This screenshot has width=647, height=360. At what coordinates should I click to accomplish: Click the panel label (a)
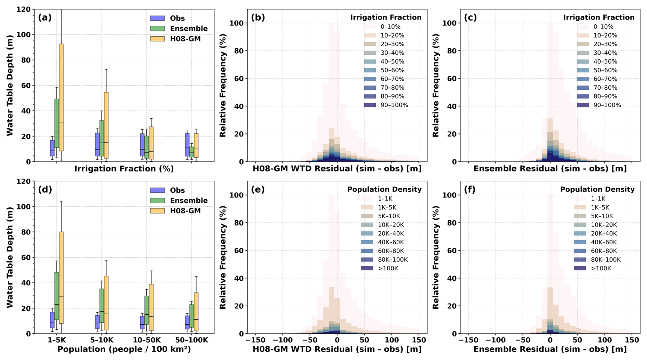45,17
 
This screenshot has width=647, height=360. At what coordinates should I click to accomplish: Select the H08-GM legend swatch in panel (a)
157,39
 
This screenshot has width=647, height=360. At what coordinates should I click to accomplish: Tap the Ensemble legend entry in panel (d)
188,201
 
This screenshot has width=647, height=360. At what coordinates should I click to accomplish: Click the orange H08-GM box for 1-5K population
61,277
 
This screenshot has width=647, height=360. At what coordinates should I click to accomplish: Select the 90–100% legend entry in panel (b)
394,105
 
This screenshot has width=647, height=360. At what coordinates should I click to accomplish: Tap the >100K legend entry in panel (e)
388,268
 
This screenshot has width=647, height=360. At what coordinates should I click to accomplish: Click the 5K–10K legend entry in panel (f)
602,216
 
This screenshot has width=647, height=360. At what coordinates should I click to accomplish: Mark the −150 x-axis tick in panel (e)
255,340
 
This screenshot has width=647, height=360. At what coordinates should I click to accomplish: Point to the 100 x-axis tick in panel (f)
605,340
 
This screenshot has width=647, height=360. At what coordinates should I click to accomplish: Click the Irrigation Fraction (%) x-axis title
124,169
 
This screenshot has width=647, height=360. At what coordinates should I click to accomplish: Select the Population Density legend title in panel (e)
384,189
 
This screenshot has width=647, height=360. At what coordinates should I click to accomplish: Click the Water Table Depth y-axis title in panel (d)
10,257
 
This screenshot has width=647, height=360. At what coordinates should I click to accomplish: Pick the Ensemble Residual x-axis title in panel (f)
550,349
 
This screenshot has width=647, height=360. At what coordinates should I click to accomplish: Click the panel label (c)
470,17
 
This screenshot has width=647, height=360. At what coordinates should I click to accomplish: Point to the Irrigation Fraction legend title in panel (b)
386,17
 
